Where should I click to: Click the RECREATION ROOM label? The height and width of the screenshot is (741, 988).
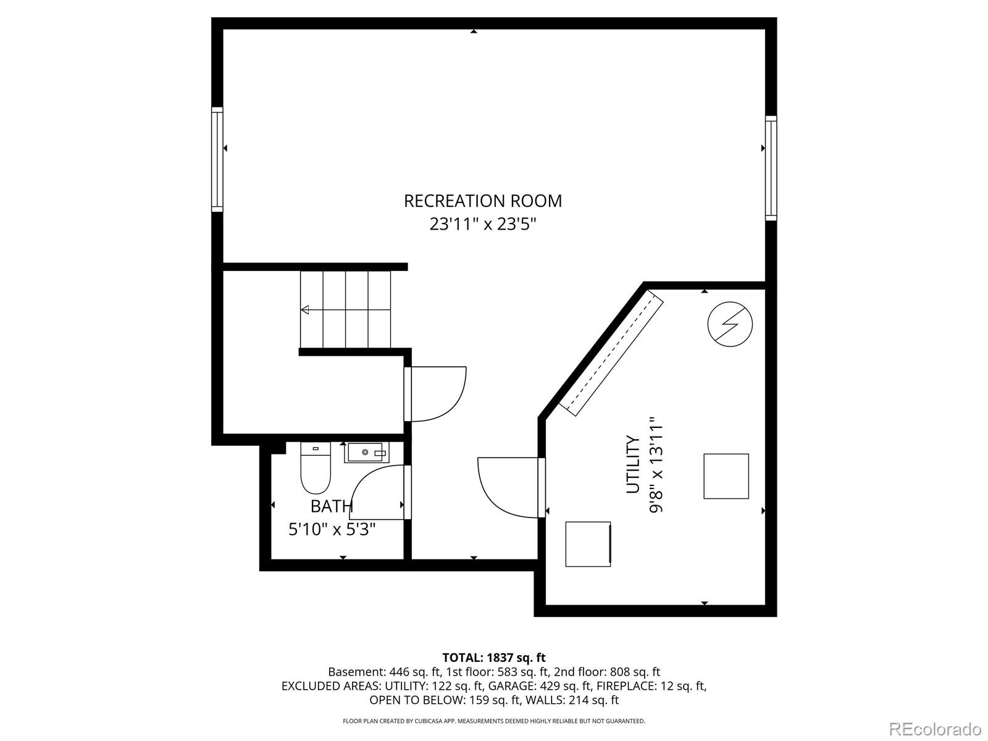(483, 201)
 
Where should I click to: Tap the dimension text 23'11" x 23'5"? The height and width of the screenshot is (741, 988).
(483, 224)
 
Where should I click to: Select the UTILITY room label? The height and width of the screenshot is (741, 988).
(634, 464)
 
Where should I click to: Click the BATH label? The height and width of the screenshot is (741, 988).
(332, 506)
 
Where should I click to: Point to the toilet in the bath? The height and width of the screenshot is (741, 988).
(316, 469)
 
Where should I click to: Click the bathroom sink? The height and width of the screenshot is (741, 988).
(366, 453)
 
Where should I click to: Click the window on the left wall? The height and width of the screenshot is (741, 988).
(217, 159)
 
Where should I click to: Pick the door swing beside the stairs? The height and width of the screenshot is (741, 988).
(437, 394)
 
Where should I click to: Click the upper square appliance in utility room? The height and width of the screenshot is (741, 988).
(726, 476)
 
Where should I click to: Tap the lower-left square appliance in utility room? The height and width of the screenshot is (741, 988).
(588, 544)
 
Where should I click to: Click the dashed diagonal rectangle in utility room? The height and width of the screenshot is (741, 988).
(611, 354)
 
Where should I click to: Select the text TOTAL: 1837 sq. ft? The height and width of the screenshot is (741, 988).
(493, 658)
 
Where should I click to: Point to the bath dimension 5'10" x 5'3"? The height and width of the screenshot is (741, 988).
(332, 529)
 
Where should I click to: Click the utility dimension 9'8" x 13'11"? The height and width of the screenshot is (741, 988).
(656, 464)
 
